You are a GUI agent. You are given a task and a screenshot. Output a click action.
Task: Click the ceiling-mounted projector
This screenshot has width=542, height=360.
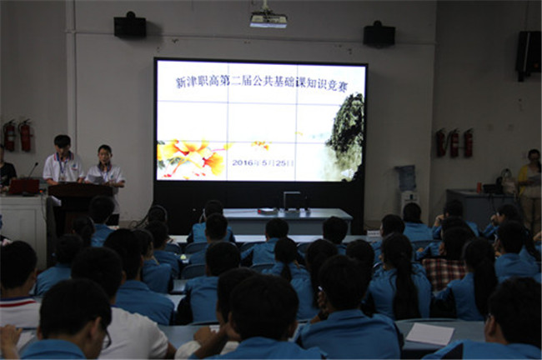pos(268,18)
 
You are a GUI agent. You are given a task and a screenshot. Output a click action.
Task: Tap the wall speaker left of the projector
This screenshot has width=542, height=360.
pos(129,26)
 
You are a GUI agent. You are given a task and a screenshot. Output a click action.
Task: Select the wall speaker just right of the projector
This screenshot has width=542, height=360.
pos(379,34)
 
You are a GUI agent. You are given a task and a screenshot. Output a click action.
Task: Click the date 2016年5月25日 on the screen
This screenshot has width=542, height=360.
pos(263,162)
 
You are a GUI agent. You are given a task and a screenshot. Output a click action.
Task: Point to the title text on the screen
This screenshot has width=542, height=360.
pos(259,82)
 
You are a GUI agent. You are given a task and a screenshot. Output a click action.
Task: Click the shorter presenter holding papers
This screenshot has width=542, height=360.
pos(105,167)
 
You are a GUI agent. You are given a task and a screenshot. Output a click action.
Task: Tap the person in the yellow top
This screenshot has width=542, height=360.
pos(529,178)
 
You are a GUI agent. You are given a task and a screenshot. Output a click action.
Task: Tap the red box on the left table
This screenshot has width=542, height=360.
pos(23,186)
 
